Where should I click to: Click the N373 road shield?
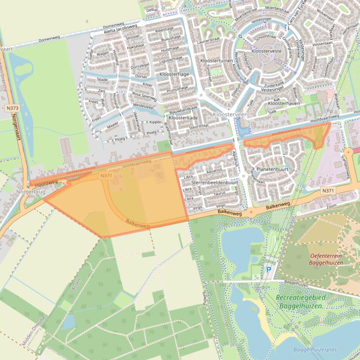13,108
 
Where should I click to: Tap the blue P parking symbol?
268,270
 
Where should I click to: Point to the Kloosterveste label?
266,50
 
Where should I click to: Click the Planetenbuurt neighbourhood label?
272,169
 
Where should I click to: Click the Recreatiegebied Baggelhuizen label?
300,302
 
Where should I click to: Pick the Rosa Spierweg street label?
144,94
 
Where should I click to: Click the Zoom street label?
331,206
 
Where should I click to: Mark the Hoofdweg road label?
46,183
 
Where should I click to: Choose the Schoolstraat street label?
266,36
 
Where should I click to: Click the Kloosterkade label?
183,118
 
